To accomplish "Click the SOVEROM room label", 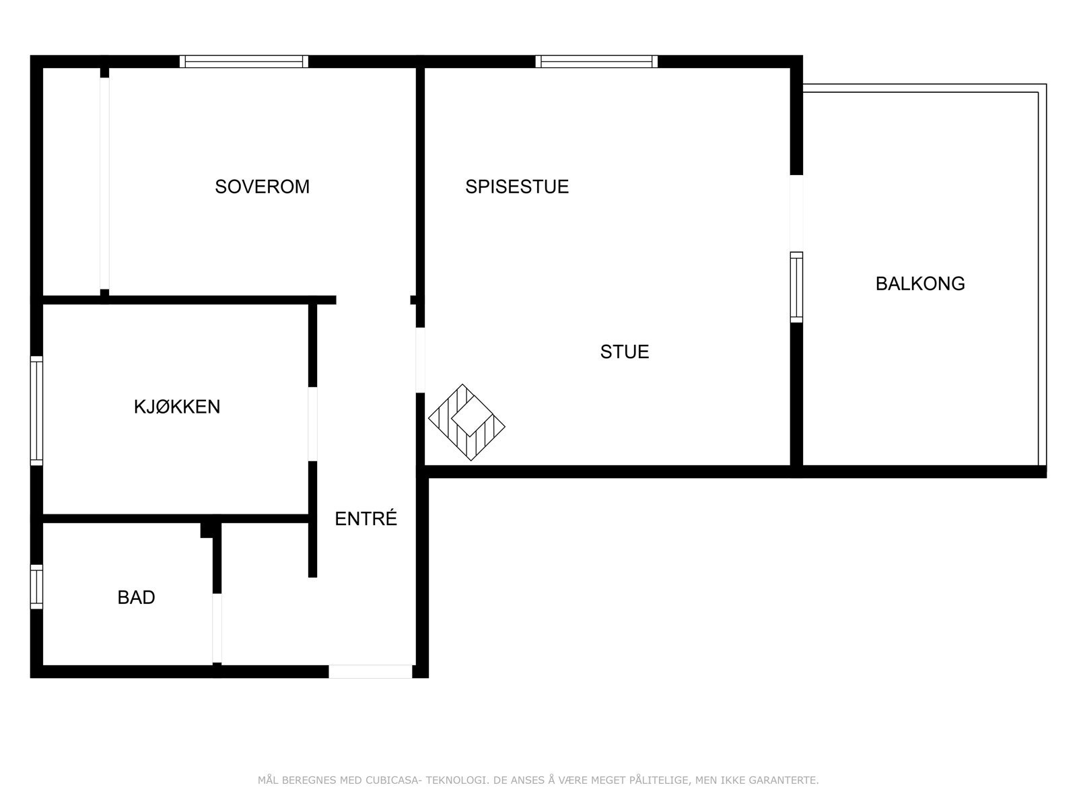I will [262, 187].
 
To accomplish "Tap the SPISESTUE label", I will [517, 187].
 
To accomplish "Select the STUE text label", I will [625, 351].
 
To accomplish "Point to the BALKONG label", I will [920, 283].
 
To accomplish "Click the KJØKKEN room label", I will [177, 407].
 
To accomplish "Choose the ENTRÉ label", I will [366, 518].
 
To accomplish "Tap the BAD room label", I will [136, 597].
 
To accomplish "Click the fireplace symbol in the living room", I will [466, 423].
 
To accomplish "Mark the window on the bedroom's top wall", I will [244, 61].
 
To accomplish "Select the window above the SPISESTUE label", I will [596, 61].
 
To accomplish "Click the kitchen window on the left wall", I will [36, 410].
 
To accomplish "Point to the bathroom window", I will [36, 586].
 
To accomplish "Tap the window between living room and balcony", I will [796, 287].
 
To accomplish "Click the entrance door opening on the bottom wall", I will [370, 671].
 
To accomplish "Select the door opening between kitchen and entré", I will [312, 424].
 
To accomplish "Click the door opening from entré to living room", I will [420, 360].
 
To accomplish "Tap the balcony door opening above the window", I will [796, 213].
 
